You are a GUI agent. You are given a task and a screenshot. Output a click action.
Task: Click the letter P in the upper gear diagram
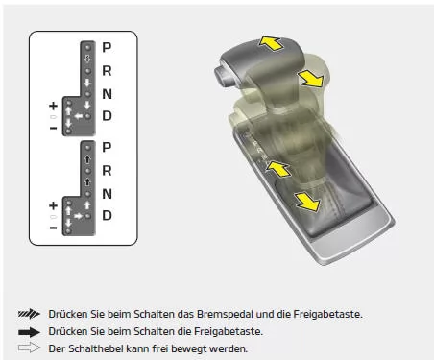point(107,47)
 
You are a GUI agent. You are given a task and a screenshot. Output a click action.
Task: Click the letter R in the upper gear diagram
point(107,71)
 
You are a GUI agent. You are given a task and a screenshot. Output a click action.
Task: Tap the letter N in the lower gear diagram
point(107,194)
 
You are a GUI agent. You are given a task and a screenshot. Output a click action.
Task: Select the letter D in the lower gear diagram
point(107,215)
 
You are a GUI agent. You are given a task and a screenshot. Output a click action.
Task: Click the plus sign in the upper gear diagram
point(53,106)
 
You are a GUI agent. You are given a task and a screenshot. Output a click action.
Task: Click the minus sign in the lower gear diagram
point(53,228)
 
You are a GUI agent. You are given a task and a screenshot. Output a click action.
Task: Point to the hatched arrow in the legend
point(29,314)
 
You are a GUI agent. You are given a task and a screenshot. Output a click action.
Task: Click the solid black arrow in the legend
point(29,332)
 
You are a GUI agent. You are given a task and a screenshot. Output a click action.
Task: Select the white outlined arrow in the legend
point(29,348)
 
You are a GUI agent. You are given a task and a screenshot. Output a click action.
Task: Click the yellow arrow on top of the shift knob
point(271,43)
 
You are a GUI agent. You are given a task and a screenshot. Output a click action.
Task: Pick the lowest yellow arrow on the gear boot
point(307,202)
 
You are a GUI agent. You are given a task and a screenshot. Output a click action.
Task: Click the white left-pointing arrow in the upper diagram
point(79,116)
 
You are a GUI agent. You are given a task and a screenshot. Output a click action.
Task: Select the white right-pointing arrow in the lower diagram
point(78,216)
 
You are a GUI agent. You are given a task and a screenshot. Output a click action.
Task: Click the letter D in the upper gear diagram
point(107,116)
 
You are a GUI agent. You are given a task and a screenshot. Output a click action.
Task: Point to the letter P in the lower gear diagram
point(107,147)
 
